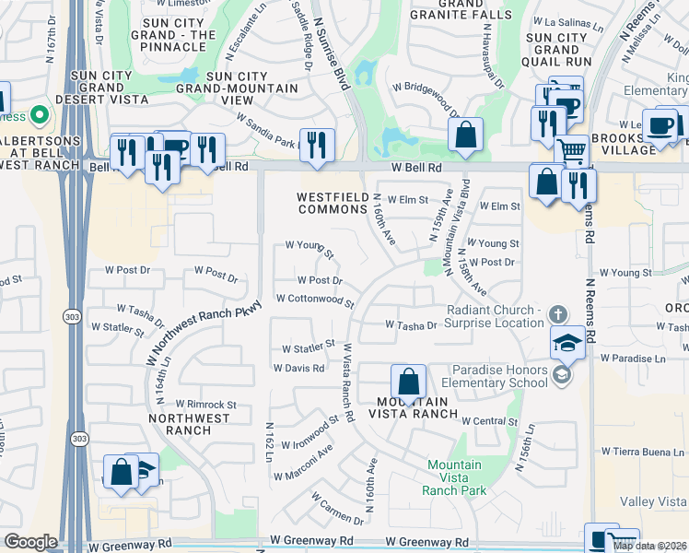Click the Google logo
(30, 542)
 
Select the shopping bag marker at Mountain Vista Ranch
(408, 382)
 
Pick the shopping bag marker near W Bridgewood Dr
(467, 135)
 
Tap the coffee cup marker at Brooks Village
(660, 125)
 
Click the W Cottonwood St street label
(315, 300)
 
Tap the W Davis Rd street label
(298, 368)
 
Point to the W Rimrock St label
(206, 404)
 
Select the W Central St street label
(490, 420)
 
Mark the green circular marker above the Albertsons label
(39, 115)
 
